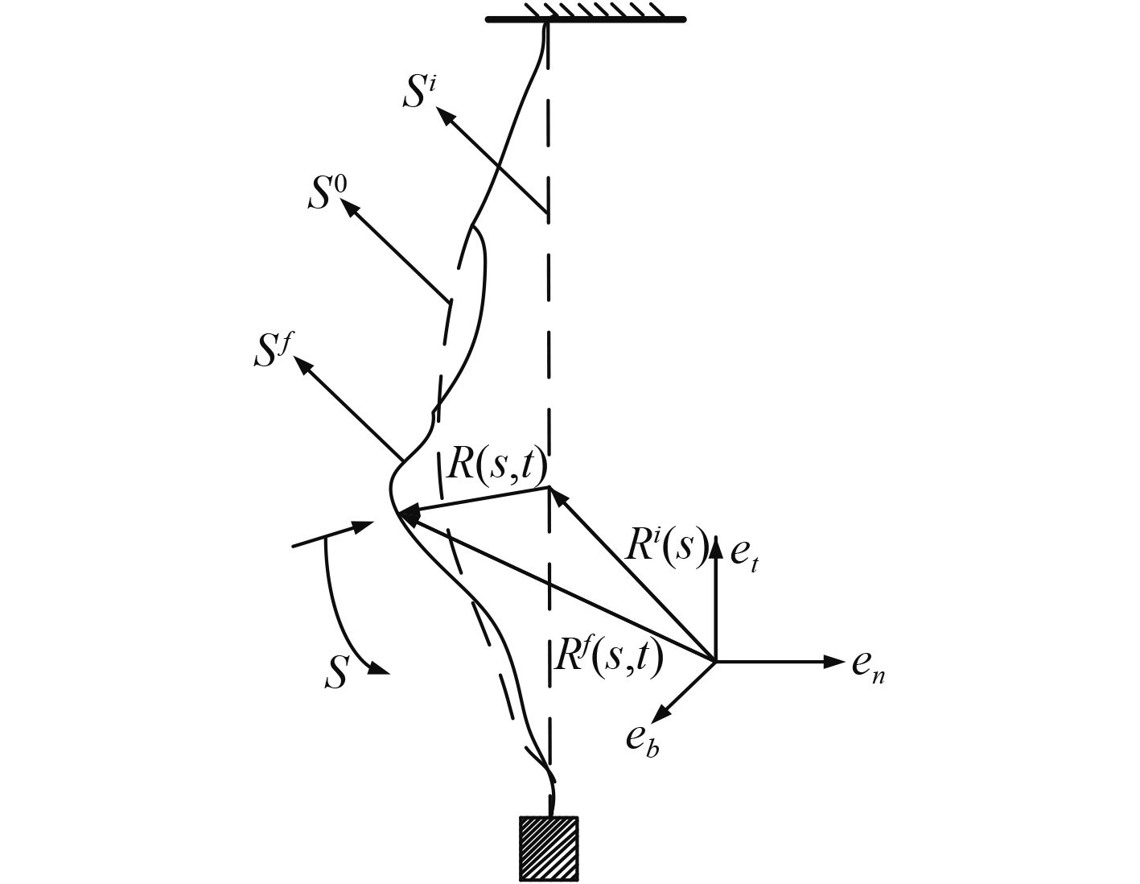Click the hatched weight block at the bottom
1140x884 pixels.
click(549, 848)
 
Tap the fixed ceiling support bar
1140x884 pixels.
click(586, 19)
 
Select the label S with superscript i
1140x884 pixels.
click(419, 93)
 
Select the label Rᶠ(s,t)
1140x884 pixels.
click(609, 655)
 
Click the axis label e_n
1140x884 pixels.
click(869, 664)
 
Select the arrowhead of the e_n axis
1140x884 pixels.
click(833, 661)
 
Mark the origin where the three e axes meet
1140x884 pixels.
click(715, 661)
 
